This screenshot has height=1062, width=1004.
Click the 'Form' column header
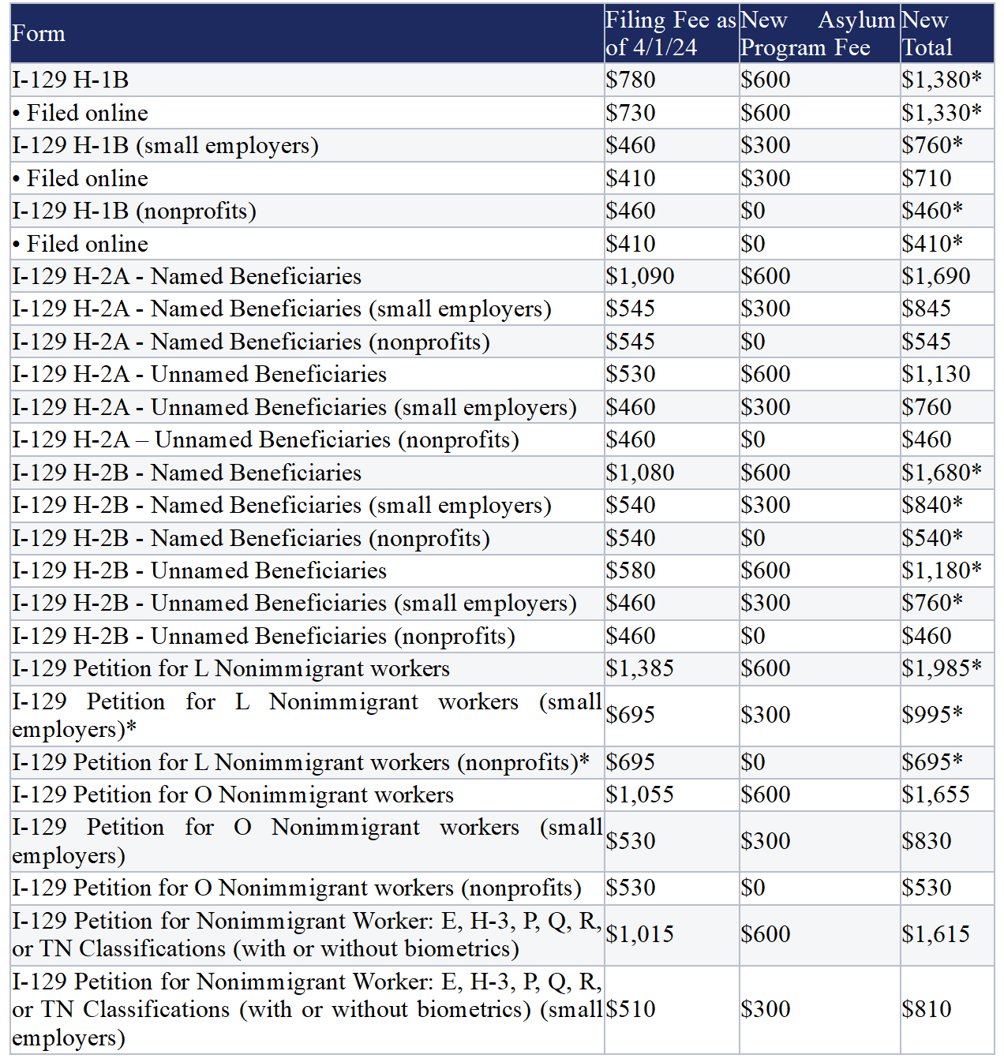coord(39,33)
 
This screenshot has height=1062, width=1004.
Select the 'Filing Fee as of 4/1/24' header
coord(671,33)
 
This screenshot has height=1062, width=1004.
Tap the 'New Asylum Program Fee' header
coord(818,33)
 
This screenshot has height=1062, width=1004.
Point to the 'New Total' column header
coord(927,33)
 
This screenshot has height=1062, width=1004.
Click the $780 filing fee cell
coord(631,80)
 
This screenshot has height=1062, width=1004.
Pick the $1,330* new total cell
coord(942,113)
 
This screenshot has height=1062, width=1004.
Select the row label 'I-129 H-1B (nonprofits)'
coord(134,211)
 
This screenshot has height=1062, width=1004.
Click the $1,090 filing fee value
coord(639,276)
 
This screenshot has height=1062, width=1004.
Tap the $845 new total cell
coord(927,309)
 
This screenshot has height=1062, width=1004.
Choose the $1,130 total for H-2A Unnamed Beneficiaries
coord(936,374)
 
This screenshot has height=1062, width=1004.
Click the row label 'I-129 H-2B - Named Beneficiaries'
coord(187,473)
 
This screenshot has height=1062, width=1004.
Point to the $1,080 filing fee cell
coord(639,473)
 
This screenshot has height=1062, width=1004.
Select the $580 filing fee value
coord(631,570)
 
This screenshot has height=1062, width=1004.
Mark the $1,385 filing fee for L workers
coord(639,668)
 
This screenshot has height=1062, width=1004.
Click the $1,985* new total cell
coord(942,668)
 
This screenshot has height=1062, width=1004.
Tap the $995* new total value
coord(931,715)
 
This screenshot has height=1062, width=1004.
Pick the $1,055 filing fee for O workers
coord(639,795)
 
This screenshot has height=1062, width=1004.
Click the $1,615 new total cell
coord(936,934)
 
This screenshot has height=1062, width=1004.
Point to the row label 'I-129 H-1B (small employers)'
coord(166,145)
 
